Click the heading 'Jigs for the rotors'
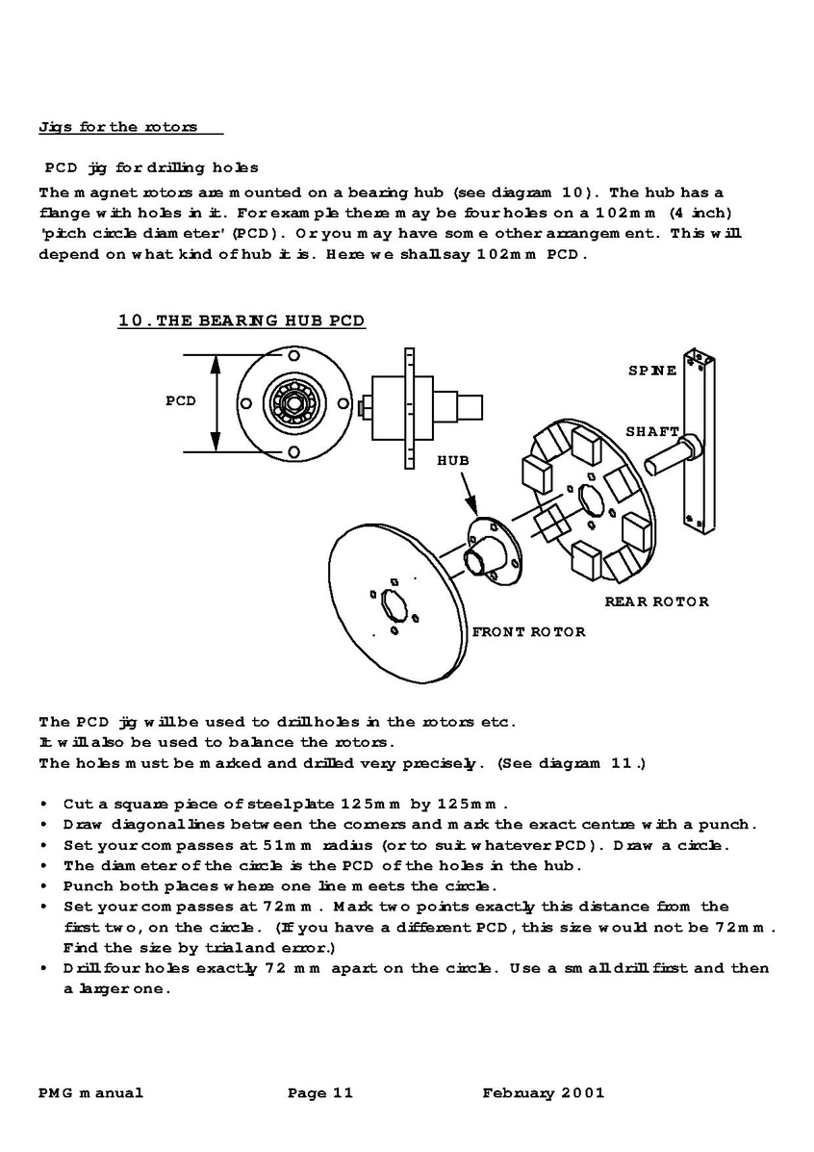pyautogui.click(x=117, y=126)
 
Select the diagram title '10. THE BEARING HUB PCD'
pyautogui.click(x=242, y=320)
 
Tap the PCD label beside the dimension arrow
pyautogui.click(x=180, y=401)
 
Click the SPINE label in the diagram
pyautogui.click(x=652, y=371)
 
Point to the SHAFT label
pyautogui.click(x=652, y=432)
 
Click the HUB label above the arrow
pyautogui.click(x=453, y=461)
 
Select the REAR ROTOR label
pyautogui.click(x=656, y=602)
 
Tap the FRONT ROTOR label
pyautogui.click(x=528, y=632)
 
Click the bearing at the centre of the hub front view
pyautogui.click(x=289, y=401)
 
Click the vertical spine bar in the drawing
pyautogui.click(x=697, y=443)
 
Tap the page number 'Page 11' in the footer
pyautogui.click(x=320, y=1092)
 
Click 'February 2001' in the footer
pyautogui.click(x=544, y=1092)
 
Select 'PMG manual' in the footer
pyautogui.click(x=90, y=1092)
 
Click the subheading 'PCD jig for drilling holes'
pyautogui.click(x=151, y=168)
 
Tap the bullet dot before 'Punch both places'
pyautogui.click(x=45, y=886)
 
